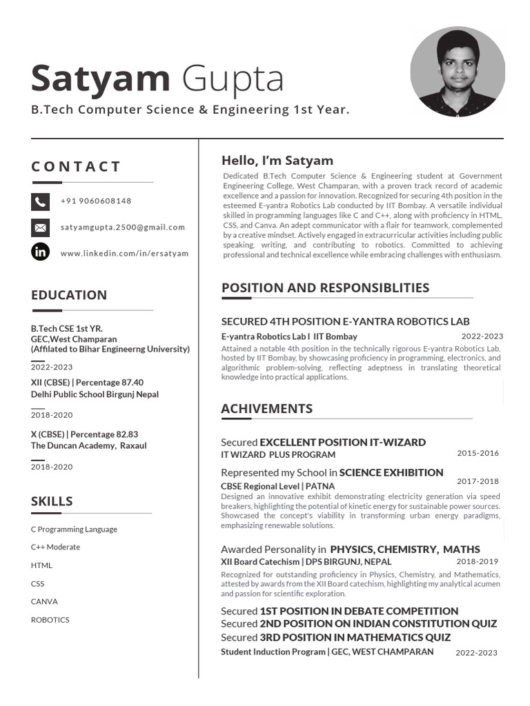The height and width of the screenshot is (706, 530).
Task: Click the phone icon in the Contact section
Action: pyautogui.click(x=41, y=201)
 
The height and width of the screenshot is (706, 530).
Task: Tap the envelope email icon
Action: pyautogui.click(x=41, y=228)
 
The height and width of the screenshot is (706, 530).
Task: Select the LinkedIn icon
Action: pyautogui.click(x=41, y=252)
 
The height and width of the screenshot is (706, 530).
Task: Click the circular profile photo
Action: pyautogui.click(x=458, y=72)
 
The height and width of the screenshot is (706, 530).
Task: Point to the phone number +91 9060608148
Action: pyautogui.click(x=96, y=201)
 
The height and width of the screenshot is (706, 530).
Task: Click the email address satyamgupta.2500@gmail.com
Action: pyautogui.click(x=123, y=228)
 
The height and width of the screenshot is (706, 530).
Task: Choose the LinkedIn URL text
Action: pyautogui.click(x=124, y=254)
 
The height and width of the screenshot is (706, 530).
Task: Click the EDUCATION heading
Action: pyautogui.click(x=69, y=295)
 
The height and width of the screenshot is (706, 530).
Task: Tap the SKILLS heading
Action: pyautogui.click(x=52, y=501)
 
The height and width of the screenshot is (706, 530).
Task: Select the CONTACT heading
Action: pyautogui.click(x=76, y=166)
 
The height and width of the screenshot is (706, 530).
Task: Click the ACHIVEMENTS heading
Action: pyautogui.click(x=266, y=409)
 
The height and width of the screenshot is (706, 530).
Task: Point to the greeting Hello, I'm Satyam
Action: pyautogui.click(x=277, y=161)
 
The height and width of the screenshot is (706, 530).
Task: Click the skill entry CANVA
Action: pyautogui.click(x=44, y=601)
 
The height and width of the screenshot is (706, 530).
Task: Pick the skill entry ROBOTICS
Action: pyautogui.click(x=50, y=620)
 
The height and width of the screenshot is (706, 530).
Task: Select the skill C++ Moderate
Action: pyautogui.click(x=55, y=547)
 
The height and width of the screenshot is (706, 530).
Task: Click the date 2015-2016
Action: pyautogui.click(x=478, y=454)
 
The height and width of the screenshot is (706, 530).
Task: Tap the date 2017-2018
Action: pyautogui.click(x=478, y=482)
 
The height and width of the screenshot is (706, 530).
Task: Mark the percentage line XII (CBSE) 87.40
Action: pyautogui.click(x=87, y=383)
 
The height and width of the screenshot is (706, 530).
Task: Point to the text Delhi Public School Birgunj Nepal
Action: pyautogui.click(x=95, y=394)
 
